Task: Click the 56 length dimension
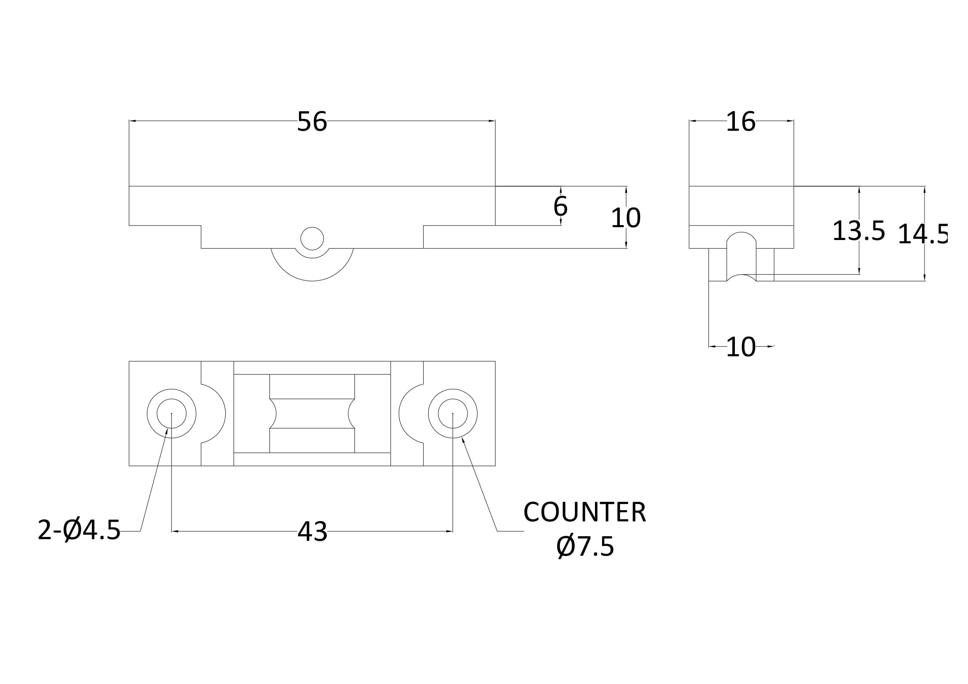tap(312, 121)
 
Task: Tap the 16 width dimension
tap(741, 121)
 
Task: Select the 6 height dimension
tap(560, 206)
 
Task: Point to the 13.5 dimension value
tap(858, 231)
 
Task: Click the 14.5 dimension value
tap(922, 234)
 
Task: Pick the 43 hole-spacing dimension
tap(313, 531)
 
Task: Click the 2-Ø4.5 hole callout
tap(79, 530)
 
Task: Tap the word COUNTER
tap(584, 512)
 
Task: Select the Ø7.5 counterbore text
tap(585, 547)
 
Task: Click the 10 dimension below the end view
tap(741, 347)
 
